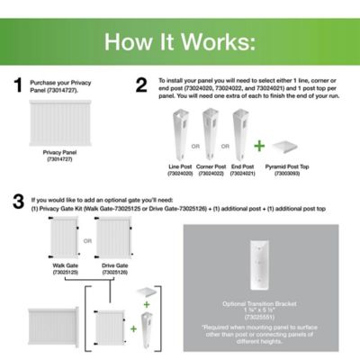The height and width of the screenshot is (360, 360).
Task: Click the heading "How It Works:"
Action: [x=180, y=42]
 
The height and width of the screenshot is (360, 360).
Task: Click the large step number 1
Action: [x=16, y=86]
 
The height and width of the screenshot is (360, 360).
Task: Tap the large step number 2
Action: [x=141, y=86]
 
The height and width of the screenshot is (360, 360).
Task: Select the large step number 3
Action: [x=16, y=203]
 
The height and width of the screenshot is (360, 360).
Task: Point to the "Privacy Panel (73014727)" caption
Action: [x=58, y=157]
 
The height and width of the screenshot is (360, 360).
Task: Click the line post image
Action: [x=181, y=131]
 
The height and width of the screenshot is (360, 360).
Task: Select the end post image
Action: [x=242, y=131]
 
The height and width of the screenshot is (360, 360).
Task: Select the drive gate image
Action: [x=115, y=243]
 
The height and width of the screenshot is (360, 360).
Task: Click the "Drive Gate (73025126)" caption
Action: [x=115, y=271]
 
